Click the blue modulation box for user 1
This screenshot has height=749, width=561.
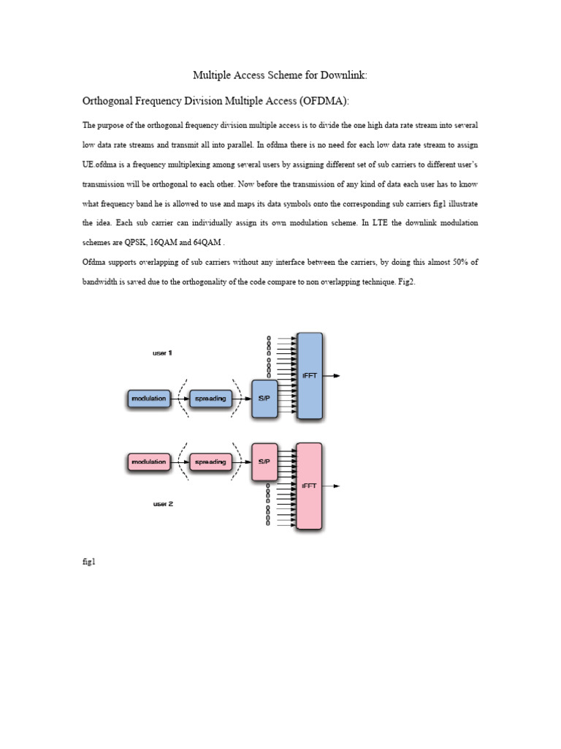148,399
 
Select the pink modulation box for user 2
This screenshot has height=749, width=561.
148,462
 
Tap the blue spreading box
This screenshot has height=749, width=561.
210,399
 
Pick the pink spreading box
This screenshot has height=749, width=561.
210,462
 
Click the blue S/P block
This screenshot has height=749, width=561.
264,399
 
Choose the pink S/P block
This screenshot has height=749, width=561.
264,462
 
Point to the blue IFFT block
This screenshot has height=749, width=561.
309,375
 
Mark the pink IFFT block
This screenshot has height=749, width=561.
309,486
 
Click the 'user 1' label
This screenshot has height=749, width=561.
162,353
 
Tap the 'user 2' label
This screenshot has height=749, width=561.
162,504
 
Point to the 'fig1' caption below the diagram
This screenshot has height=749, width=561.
88,562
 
